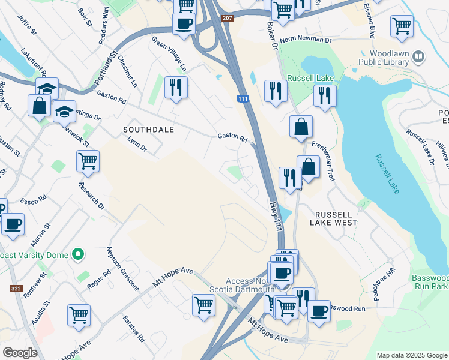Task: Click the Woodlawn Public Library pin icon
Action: click(418, 57)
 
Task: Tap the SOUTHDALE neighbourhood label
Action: click(148, 129)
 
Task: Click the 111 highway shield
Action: click(243, 99)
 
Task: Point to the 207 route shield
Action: click(226, 19)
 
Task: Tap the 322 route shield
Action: click(17, 289)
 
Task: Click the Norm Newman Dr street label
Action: click(305, 40)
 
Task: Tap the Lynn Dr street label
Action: click(137, 144)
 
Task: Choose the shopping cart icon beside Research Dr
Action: click(88, 160)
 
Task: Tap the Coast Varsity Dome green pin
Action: click(77, 255)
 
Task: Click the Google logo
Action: click(20, 353)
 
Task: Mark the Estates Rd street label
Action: click(134, 328)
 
